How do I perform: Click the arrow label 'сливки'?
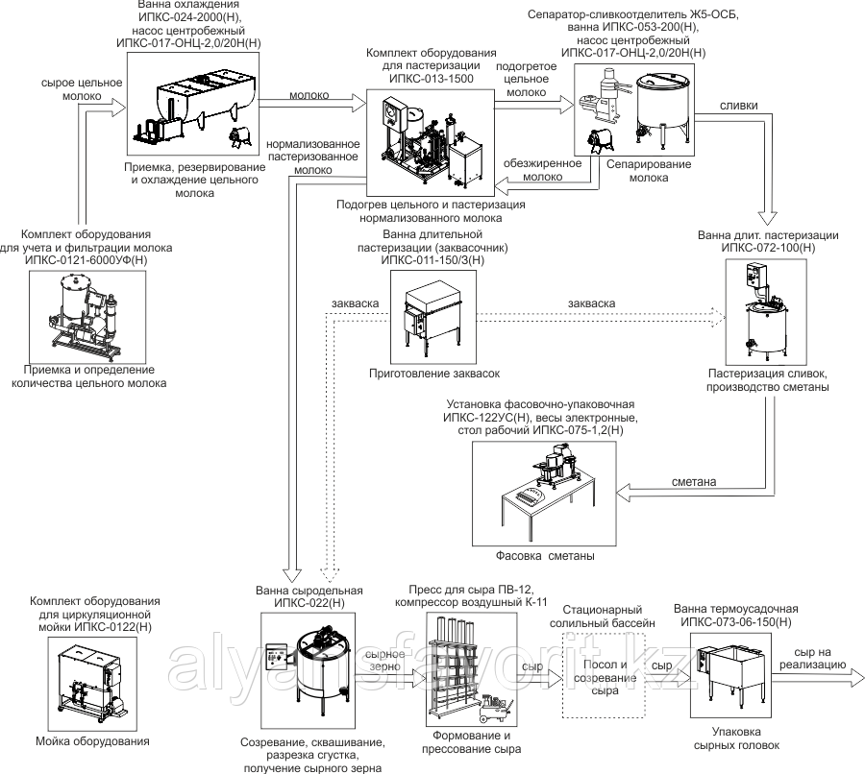[738, 106]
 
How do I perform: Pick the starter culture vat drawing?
[430, 314]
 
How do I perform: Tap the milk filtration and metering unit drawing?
[85, 314]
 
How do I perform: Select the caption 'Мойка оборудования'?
[91, 742]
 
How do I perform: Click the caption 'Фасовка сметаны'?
[545, 557]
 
